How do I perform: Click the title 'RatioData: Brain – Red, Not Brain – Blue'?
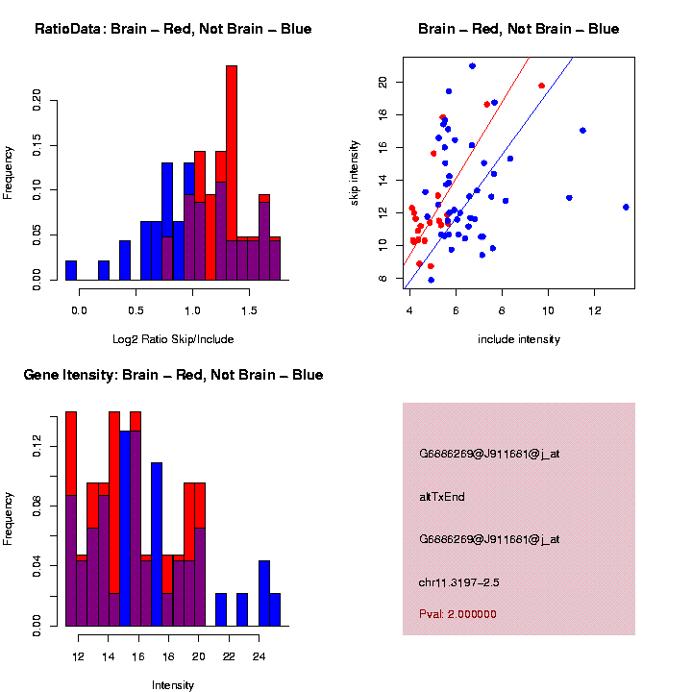tap(173, 30)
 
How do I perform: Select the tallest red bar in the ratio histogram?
tap(232, 173)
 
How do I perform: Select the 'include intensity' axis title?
tap(518, 339)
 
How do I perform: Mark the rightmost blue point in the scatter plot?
tap(626, 207)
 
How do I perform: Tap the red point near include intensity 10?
tap(542, 86)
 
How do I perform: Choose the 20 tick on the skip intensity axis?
tap(382, 83)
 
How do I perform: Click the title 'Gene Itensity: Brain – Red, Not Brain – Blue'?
tap(173, 375)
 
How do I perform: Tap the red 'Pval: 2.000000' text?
tap(457, 614)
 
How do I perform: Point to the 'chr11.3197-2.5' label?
tap(459, 582)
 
